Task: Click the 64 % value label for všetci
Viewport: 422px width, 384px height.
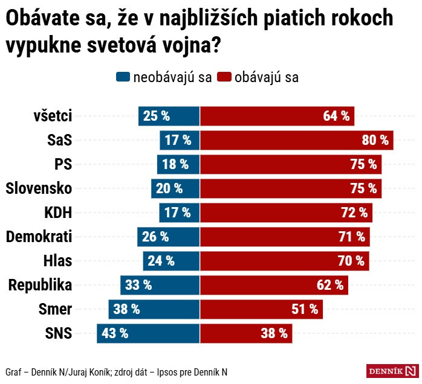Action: (x=336, y=116)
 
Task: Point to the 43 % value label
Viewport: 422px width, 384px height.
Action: (x=115, y=333)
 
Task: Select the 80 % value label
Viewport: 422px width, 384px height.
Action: (x=375, y=140)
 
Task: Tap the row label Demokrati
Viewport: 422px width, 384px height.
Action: (x=39, y=237)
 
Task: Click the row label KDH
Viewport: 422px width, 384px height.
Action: (x=58, y=213)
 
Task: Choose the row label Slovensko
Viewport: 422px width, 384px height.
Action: (x=39, y=188)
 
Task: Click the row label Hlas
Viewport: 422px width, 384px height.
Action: (x=57, y=261)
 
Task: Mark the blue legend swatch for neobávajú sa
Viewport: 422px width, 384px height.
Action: (x=123, y=78)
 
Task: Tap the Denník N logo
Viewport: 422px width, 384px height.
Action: (x=392, y=371)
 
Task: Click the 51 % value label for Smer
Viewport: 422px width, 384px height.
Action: (x=305, y=309)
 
